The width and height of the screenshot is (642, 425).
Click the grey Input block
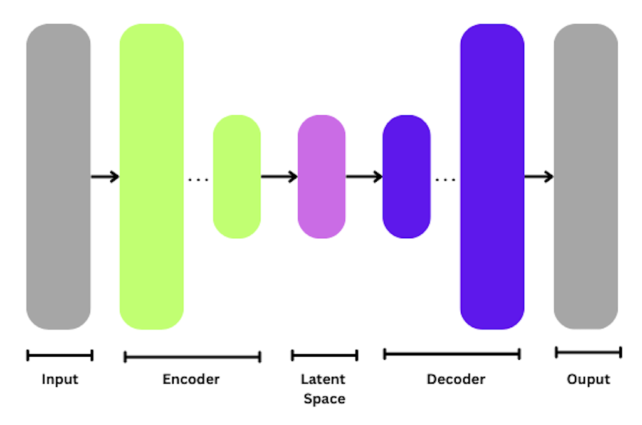coord(58,176)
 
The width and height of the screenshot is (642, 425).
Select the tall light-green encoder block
coord(152,176)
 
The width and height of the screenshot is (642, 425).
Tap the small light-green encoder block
coord(237,176)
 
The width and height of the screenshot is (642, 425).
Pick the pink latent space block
coord(322,176)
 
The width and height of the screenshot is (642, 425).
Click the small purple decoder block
coord(406,176)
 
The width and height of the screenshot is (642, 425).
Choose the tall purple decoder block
coord(492,176)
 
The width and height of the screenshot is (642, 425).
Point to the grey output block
coord(586,176)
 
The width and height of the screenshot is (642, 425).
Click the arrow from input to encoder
coord(105,177)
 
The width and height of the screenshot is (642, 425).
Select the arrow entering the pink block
coord(279,177)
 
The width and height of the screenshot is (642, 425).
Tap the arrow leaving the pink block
coord(364,177)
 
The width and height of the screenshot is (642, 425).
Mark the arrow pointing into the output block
coord(539,177)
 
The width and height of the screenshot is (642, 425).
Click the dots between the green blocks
coord(198,181)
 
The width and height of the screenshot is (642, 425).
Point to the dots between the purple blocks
coord(445,181)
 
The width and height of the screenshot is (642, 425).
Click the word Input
coord(60,379)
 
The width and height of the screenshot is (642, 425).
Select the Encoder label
coord(191,379)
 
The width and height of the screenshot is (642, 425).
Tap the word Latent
coord(323,379)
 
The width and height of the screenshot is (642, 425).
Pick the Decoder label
coord(456,379)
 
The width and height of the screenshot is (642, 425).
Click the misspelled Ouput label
coord(588,379)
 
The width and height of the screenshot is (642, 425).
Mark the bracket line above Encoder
coord(192,357)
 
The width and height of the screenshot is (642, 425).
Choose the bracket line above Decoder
coord(452,354)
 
